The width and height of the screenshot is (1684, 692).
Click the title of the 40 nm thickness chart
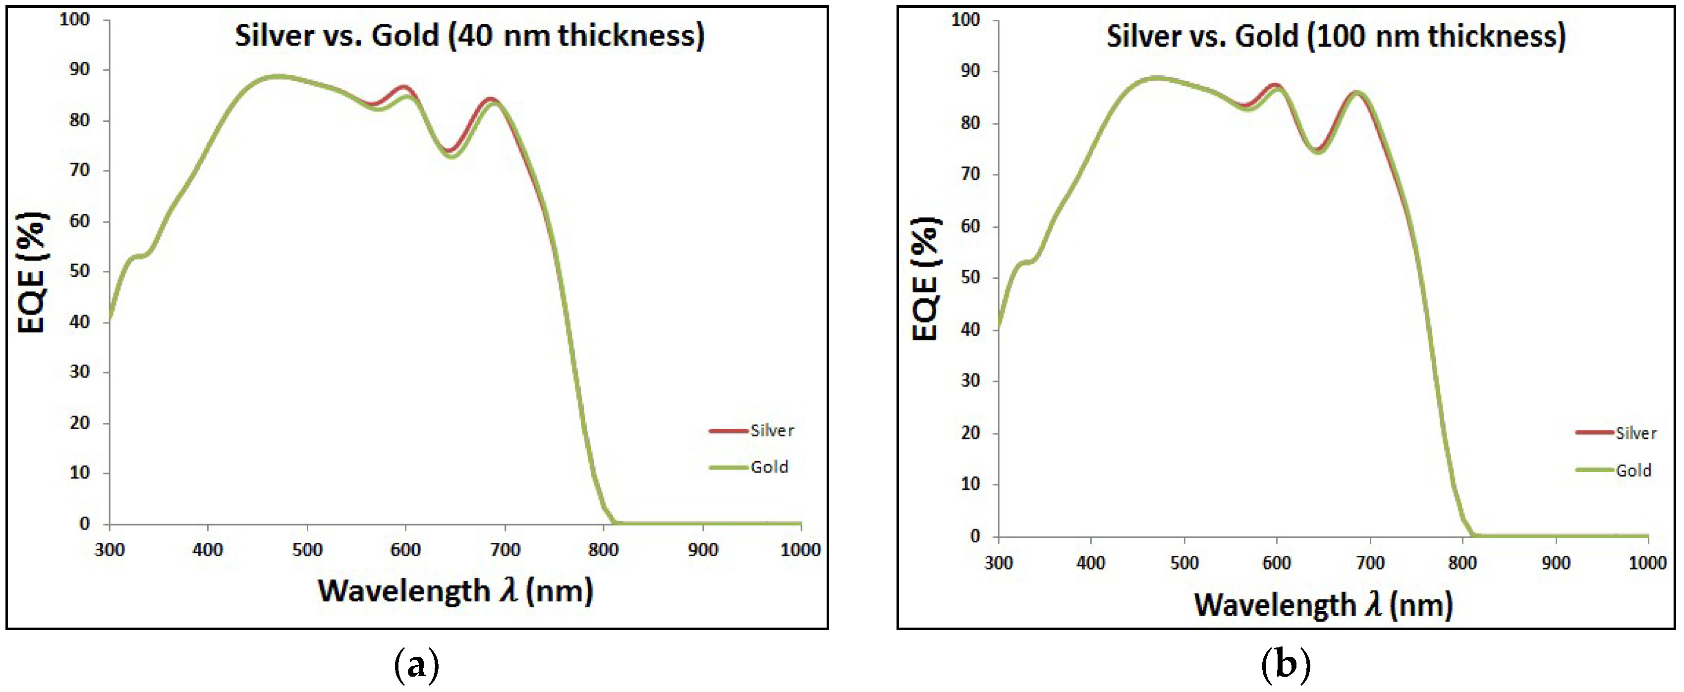(469, 35)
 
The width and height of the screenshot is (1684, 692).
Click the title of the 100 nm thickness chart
(1336, 36)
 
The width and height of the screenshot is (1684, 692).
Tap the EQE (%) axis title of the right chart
(926, 278)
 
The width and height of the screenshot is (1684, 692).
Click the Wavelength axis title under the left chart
(455, 591)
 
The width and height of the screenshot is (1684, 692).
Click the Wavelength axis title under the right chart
(1323, 604)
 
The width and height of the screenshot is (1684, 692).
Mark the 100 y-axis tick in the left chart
(74, 20)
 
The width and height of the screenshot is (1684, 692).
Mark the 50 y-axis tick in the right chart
(971, 278)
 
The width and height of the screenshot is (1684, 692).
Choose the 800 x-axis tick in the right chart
(1462, 563)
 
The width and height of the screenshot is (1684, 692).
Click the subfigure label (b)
(1285, 666)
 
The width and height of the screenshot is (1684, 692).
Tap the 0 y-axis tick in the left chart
(84, 524)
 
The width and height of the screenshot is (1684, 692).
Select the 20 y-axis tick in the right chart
(971, 432)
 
